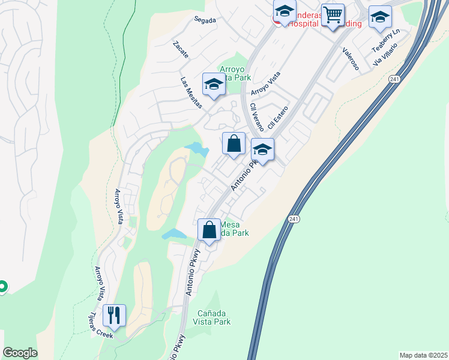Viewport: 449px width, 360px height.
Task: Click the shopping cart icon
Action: pyautogui.click(x=333, y=14)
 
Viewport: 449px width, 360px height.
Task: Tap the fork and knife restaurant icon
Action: pyautogui.click(x=113, y=314)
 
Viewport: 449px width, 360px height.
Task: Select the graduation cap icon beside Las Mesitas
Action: pyautogui.click(x=213, y=85)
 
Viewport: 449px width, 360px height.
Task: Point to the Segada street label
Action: pyautogui.click(x=205, y=19)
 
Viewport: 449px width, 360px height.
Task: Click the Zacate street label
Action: pyautogui.click(x=181, y=50)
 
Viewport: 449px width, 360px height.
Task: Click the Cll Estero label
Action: pyautogui.click(x=279, y=118)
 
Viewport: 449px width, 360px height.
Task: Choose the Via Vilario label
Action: pyautogui.click(x=385, y=54)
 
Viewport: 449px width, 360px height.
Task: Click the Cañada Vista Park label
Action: pyautogui.click(x=214, y=317)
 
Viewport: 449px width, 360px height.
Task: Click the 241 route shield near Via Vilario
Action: pyautogui.click(x=394, y=79)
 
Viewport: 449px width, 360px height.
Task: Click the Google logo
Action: pyautogui.click(x=20, y=353)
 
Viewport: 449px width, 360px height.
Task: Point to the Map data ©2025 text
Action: pyautogui.click(x=423, y=355)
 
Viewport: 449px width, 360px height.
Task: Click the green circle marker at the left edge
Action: pyautogui.click(x=2, y=287)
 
